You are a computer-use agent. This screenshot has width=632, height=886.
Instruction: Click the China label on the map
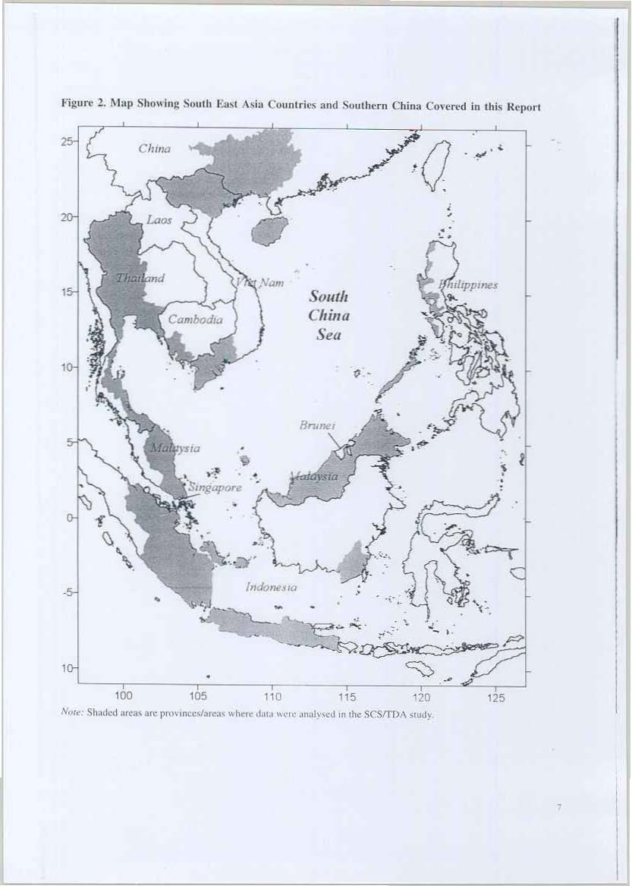pos(155,149)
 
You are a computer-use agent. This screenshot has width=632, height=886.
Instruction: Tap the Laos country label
pos(159,219)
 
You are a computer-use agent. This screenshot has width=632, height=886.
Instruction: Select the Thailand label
pos(140,279)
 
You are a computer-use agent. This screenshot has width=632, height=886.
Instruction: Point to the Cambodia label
pos(195,320)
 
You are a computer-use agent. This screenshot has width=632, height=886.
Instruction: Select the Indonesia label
pos(270,587)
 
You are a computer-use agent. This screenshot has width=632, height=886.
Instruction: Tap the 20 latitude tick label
pos(69,218)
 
